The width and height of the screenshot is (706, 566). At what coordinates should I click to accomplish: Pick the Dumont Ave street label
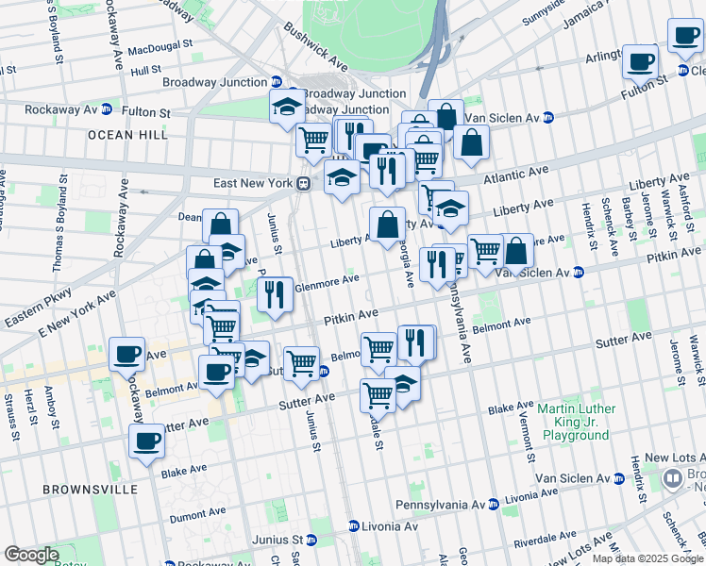(x=197, y=515)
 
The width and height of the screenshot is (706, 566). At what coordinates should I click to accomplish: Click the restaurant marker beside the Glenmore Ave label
(x=275, y=294)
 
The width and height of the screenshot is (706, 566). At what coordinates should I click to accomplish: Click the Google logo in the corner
(x=30, y=555)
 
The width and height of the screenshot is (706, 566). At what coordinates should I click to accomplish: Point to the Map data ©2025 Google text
(x=647, y=558)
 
